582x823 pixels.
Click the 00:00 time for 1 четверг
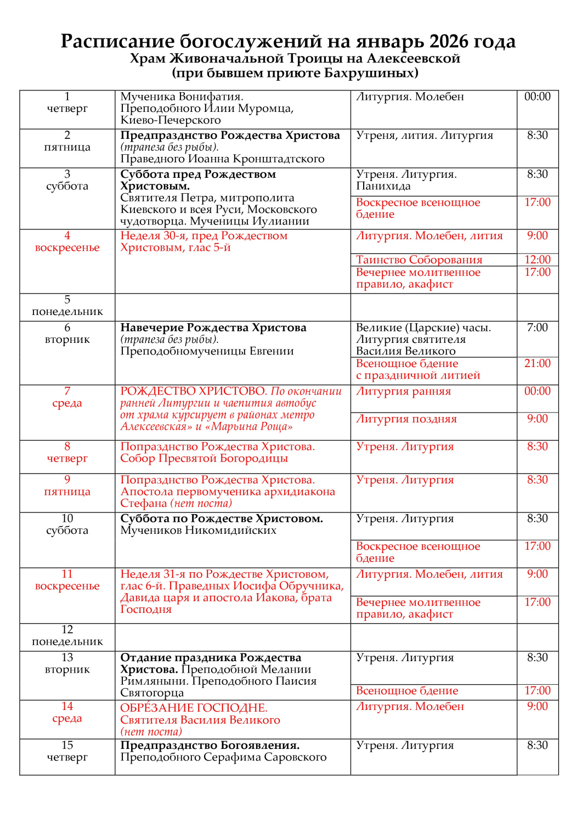point(537,97)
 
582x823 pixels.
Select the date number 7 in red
point(67,391)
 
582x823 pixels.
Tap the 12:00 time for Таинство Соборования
point(537,260)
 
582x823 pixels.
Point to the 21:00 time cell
point(537,364)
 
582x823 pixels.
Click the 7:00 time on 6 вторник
point(537,328)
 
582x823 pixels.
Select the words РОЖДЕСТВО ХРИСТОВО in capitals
point(193,392)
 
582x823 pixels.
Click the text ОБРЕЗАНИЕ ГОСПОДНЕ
point(194,708)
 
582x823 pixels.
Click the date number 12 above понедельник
point(67,630)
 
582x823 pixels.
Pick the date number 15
point(67,746)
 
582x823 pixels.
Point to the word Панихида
point(383,187)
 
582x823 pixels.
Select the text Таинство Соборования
point(419,260)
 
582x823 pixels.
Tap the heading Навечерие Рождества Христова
point(213,328)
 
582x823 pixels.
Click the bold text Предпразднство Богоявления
point(210,746)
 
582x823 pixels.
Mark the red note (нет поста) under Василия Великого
point(151,732)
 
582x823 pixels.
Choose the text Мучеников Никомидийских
point(198,531)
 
